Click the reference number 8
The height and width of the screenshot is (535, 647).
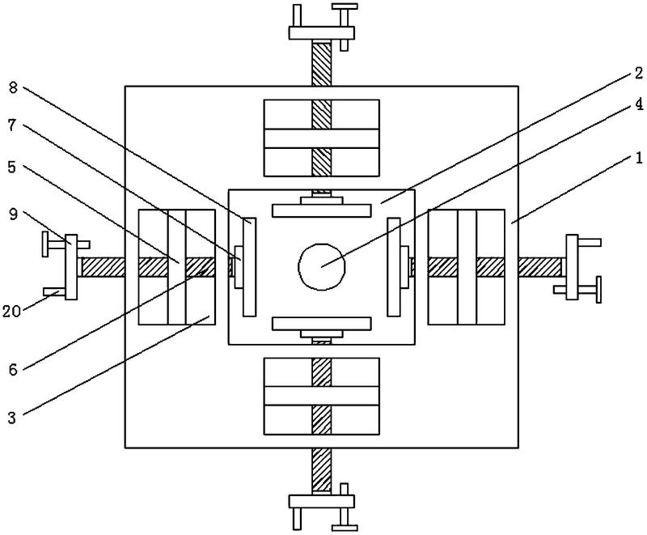coord(13,87)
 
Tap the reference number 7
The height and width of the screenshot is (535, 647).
coord(12,125)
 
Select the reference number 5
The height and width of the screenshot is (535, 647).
coord(12,167)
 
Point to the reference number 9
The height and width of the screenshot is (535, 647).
coord(13,214)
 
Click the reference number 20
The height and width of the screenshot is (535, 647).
coord(11,312)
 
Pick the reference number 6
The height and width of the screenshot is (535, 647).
coord(13,370)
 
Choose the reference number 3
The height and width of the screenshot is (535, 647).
coord(12,418)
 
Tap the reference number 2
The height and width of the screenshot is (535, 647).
coord(639,74)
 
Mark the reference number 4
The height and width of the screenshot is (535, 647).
coord(639,105)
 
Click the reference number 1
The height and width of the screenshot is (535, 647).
coord(639,158)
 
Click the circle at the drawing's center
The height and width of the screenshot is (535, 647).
coord(321,266)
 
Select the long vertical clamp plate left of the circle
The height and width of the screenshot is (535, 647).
coord(249,267)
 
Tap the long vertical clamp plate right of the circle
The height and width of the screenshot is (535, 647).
coord(394,267)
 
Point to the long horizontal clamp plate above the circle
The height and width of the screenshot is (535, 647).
coord(322,210)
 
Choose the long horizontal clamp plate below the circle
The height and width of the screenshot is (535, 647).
coord(322,324)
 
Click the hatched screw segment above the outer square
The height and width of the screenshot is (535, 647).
coord(321,63)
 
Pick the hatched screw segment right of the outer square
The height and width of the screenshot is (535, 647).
coord(540,267)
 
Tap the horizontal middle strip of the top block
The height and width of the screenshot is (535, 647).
coord(321,138)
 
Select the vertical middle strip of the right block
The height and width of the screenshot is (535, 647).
coord(467,267)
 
